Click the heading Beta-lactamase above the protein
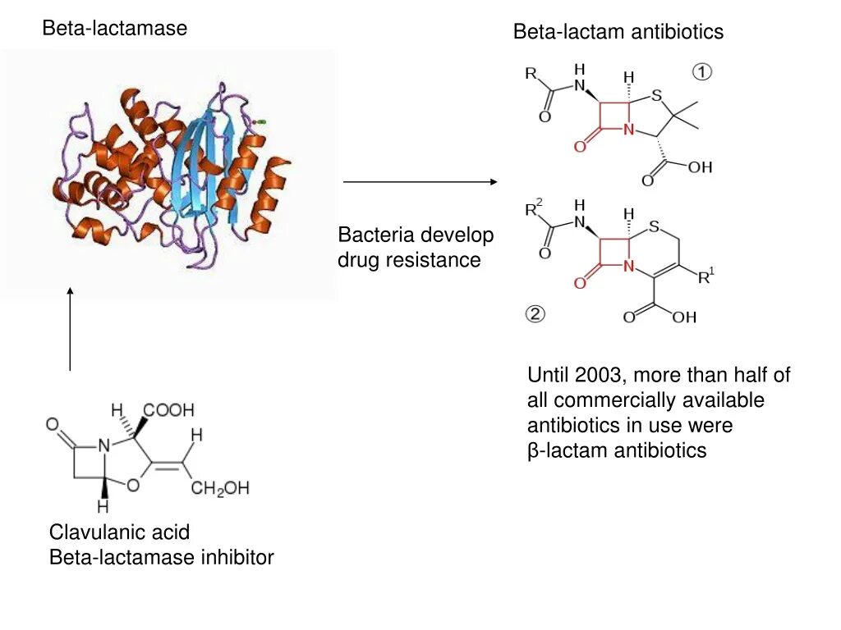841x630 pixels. click(115, 29)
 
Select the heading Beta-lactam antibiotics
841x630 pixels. click(618, 32)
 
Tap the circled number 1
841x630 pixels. click(702, 72)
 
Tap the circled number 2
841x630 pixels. click(535, 315)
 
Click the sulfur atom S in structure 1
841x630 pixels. click(656, 97)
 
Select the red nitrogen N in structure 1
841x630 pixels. click(628, 129)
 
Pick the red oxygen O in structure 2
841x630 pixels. click(580, 283)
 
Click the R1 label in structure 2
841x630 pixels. click(705, 277)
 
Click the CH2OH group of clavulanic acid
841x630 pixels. click(219, 489)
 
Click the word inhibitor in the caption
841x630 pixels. click(237, 558)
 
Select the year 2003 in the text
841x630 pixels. click(599, 376)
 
